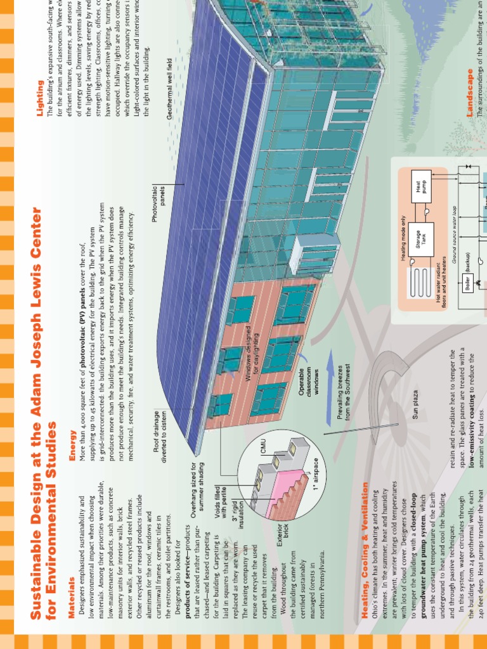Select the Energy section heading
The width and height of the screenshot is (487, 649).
coord(72,438)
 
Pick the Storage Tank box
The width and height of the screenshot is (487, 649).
coord(422,237)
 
